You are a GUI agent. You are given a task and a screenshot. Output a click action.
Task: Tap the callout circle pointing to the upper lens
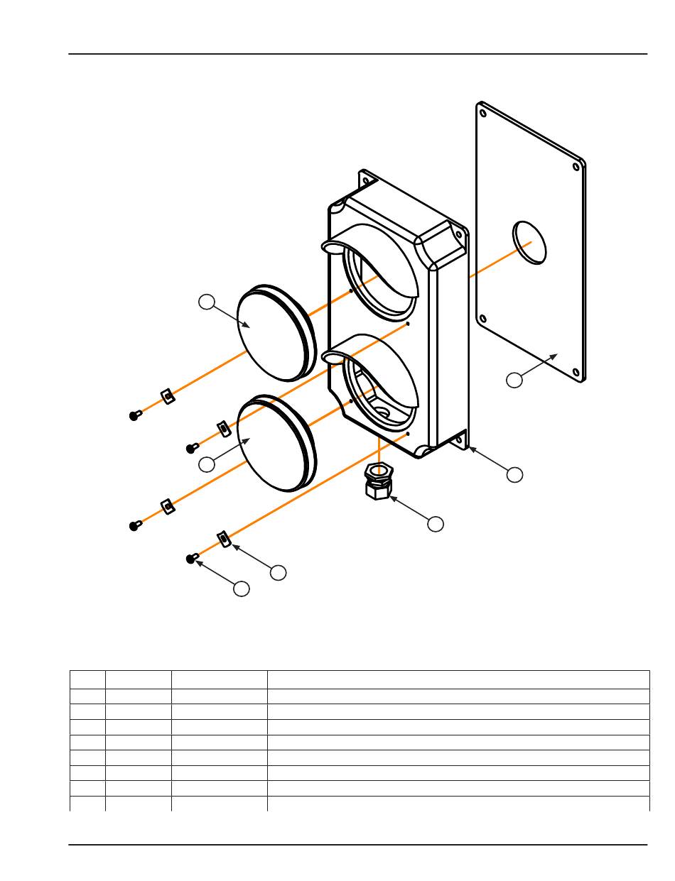pyautogui.click(x=206, y=302)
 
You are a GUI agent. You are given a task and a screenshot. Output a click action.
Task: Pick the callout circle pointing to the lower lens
pyautogui.click(x=206, y=464)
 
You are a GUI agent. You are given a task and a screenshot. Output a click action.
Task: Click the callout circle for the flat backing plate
pyautogui.click(x=514, y=380)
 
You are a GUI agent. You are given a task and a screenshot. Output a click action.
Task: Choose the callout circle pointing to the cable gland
pyautogui.click(x=436, y=524)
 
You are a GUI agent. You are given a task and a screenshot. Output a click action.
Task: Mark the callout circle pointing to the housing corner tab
pyautogui.click(x=514, y=474)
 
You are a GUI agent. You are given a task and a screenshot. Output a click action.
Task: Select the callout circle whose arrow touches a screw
pyautogui.click(x=242, y=589)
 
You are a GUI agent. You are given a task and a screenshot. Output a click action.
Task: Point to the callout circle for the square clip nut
pyautogui.click(x=279, y=571)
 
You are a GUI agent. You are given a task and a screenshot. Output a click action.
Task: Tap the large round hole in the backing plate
pyautogui.click(x=530, y=242)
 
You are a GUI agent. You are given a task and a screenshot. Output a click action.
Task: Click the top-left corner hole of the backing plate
pyautogui.click(x=482, y=112)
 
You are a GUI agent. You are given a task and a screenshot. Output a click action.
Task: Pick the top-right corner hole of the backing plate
pyautogui.click(x=576, y=168)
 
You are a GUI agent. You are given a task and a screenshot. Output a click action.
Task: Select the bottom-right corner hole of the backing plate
pyautogui.click(x=576, y=369)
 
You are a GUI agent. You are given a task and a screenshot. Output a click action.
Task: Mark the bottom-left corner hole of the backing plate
pyautogui.click(x=482, y=318)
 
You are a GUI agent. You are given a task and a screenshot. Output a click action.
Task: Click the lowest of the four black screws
pyautogui.click(x=191, y=559)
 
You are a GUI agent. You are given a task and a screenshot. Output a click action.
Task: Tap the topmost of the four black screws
pyautogui.click(x=134, y=415)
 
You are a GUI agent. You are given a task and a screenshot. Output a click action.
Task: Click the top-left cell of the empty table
pyautogui.click(x=87, y=679)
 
